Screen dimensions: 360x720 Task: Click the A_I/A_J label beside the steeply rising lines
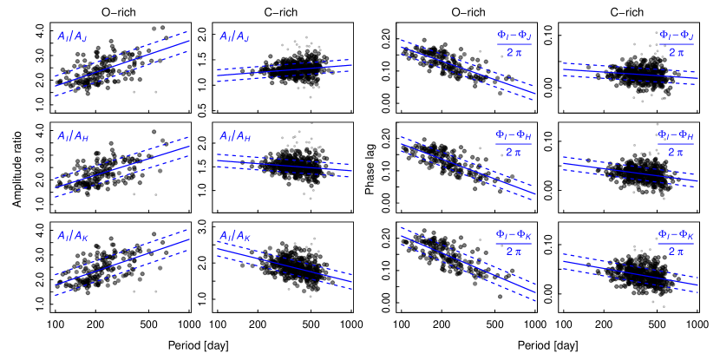72,36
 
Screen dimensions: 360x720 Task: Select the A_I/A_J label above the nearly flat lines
234,36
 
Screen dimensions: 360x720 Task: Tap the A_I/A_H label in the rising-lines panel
73,136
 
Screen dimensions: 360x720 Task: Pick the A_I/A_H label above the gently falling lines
234,136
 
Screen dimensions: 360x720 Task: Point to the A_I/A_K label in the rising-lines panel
72,235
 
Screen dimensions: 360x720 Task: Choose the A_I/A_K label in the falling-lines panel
234,235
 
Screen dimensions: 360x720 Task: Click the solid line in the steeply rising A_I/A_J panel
122,62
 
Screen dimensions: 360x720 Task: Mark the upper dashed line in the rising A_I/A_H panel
122,157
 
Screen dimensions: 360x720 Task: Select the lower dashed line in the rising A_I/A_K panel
122,273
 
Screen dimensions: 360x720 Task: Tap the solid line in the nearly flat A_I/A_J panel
285,70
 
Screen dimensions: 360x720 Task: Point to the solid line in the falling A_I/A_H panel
285,165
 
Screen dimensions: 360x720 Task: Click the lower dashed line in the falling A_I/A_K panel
285,272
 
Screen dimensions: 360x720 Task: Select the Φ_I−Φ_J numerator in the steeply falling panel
514,36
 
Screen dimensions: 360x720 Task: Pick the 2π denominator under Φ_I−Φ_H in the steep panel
514,152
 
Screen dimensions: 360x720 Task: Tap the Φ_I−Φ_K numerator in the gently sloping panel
676,234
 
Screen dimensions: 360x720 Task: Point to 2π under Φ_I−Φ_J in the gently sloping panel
676,52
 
